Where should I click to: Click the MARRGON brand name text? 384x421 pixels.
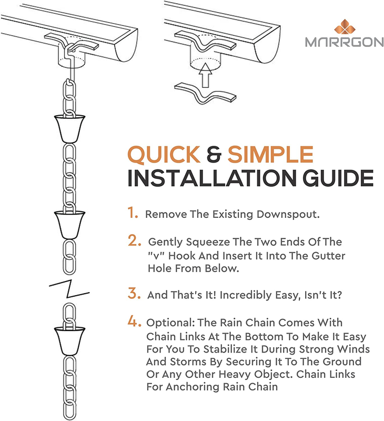click(x=345, y=42)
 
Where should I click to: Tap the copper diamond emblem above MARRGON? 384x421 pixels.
click(x=345, y=27)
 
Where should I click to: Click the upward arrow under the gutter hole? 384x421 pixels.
click(x=205, y=75)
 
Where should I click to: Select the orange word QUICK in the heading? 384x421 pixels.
click(x=164, y=154)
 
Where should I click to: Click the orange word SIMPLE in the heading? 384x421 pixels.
click(x=270, y=154)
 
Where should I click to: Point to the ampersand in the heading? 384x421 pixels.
click(x=214, y=154)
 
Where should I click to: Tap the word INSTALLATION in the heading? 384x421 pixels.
click(x=212, y=178)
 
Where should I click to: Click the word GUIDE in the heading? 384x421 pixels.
click(x=338, y=178)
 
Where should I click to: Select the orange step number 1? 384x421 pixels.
click(x=133, y=213)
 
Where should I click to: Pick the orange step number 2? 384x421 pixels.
click(x=135, y=240)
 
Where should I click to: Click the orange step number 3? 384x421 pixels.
click(x=134, y=293)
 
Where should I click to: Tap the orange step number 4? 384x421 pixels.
click(x=134, y=320)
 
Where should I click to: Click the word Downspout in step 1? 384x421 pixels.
click(x=288, y=215)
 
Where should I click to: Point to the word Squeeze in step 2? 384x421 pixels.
click(x=208, y=242)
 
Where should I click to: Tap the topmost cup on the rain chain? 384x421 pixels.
click(x=69, y=128)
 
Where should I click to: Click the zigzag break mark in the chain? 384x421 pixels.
click(x=69, y=289)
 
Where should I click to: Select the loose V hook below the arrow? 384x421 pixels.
click(x=205, y=94)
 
